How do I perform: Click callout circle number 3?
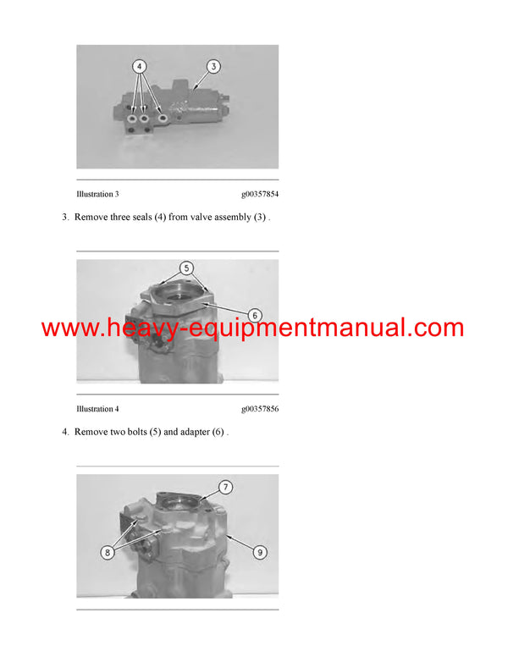pos(213,65)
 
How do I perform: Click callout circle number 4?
pos(140,65)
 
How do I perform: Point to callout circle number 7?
pos(226,487)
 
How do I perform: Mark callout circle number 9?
pos(260,552)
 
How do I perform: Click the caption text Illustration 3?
pos(97,195)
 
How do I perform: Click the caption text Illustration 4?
pos(97,410)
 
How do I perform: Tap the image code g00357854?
pos(260,195)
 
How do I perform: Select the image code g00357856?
pos(260,410)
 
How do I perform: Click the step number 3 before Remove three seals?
pos(65,218)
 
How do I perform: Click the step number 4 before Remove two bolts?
pos(65,432)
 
